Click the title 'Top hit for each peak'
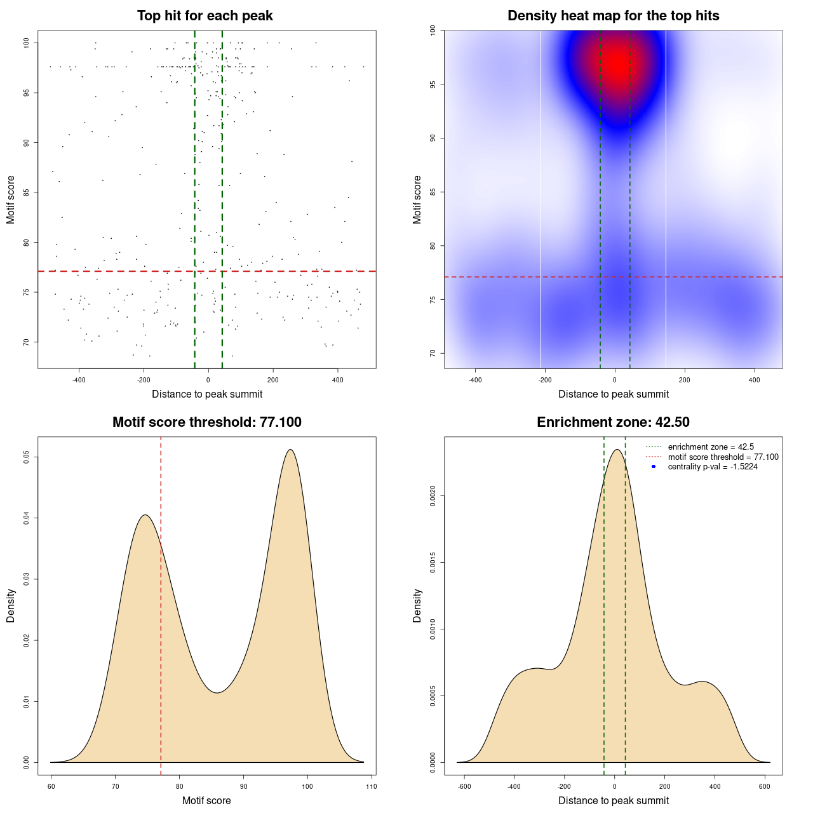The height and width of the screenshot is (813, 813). [x=205, y=16]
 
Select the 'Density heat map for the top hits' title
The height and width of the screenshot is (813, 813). [x=613, y=16]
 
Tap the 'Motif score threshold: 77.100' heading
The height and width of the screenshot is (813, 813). [x=206, y=422]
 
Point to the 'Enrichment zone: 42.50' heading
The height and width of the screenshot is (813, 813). [x=613, y=422]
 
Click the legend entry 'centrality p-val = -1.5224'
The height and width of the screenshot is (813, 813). [x=713, y=467]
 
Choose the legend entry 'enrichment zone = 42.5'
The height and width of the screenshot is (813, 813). [x=711, y=447]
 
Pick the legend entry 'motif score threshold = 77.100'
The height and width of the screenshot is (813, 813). [x=723, y=457]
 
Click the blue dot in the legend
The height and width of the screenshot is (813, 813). [x=654, y=467]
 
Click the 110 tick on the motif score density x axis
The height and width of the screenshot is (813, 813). [x=372, y=786]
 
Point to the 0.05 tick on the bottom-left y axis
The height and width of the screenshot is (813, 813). [x=26, y=457]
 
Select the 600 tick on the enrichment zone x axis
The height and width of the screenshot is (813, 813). [x=765, y=786]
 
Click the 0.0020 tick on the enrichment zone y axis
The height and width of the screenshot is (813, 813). [x=433, y=495]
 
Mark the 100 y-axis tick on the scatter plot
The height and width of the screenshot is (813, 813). [x=26, y=43]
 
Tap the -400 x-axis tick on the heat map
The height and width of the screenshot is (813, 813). [x=475, y=380]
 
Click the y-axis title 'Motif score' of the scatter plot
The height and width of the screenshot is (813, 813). [x=11, y=199]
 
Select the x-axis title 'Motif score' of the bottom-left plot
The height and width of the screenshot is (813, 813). [x=206, y=800]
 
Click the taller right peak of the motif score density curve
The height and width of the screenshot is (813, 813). [x=290, y=450]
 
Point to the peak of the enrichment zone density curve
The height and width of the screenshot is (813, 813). [x=616, y=450]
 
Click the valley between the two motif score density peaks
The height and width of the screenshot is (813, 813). [x=217, y=692]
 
